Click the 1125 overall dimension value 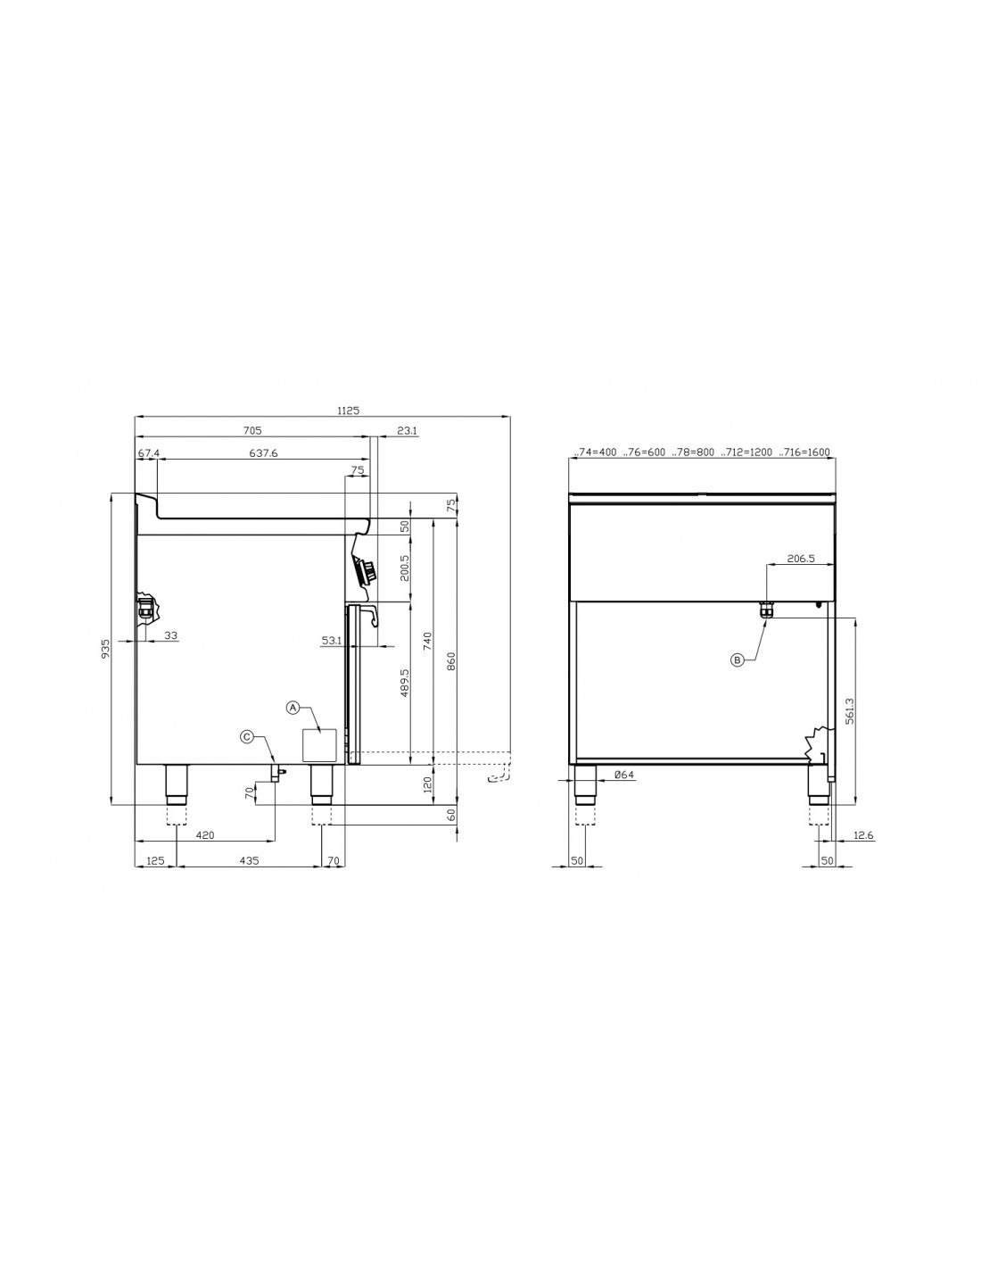coord(348,411)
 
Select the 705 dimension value coord(252,431)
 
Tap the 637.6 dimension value coord(263,453)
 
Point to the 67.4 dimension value coord(149,453)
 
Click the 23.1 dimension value coord(407,431)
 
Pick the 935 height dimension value coord(105,649)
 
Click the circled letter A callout coord(293,707)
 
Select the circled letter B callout coord(738,659)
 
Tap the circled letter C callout coord(247,737)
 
